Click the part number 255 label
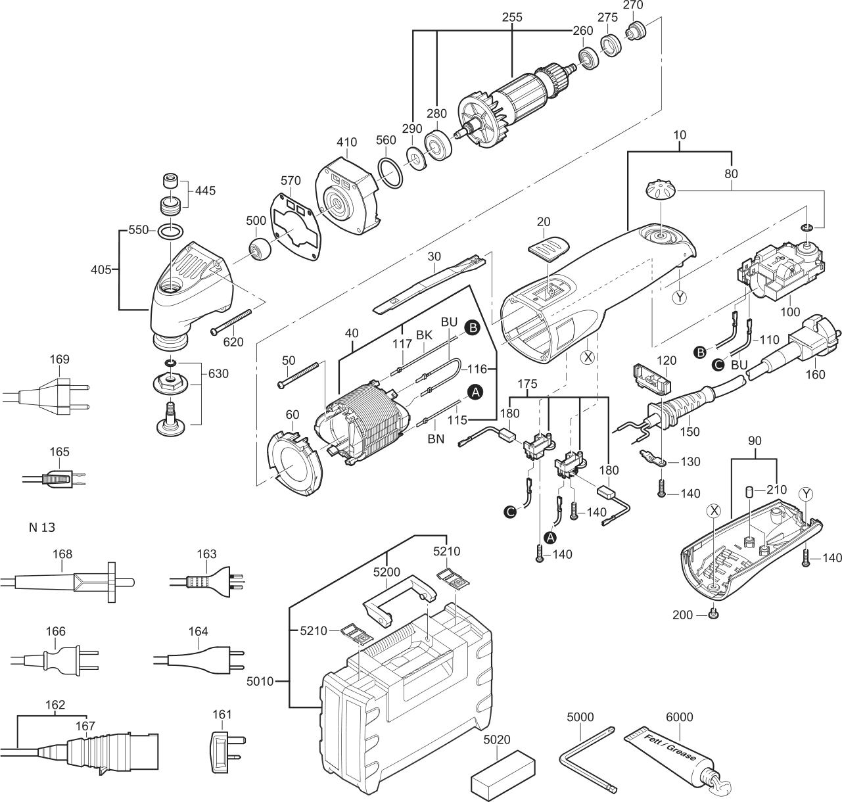[512, 17]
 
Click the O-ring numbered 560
[390, 173]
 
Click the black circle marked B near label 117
[473, 328]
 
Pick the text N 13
[42, 527]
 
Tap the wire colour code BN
[435, 438]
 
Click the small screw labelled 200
[714, 613]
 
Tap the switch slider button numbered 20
[550, 248]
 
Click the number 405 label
[101, 270]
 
